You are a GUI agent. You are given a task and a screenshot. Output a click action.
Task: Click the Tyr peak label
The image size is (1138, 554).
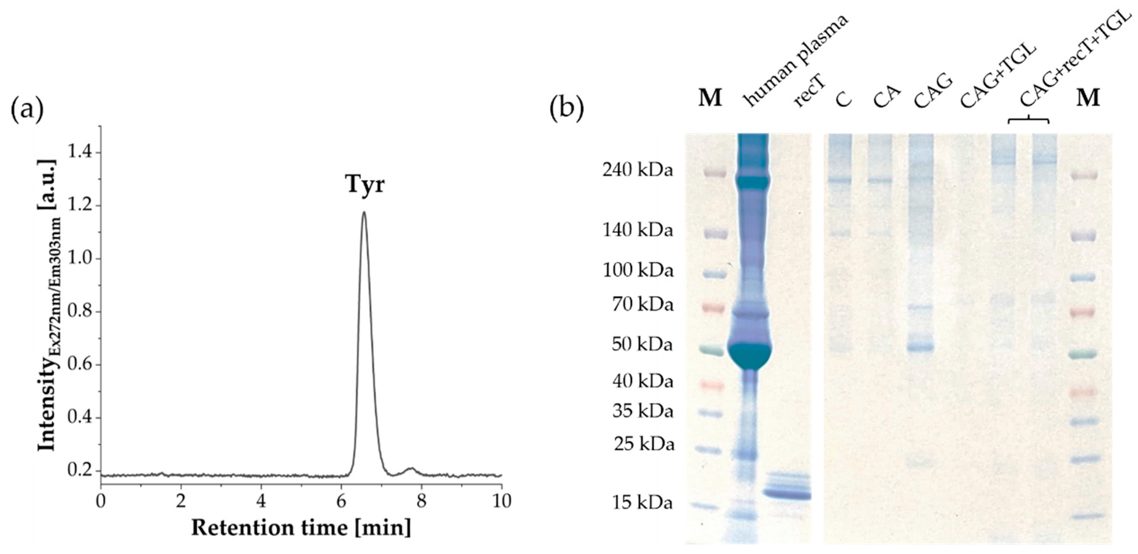point(364,184)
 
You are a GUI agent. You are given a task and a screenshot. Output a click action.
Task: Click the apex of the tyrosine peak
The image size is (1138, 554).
point(364,213)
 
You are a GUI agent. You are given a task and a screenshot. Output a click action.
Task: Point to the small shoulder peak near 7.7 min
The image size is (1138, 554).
point(411,469)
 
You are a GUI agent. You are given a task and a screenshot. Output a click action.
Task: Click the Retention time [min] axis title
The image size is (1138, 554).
point(301,528)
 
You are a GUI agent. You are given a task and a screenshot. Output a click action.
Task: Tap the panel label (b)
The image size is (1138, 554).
point(567,108)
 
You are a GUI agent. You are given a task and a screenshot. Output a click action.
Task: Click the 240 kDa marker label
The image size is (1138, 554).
point(637,169)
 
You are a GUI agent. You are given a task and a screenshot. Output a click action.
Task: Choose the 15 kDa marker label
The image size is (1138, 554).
point(642,503)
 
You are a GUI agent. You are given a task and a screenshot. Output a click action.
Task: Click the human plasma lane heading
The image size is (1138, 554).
point(795,62)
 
